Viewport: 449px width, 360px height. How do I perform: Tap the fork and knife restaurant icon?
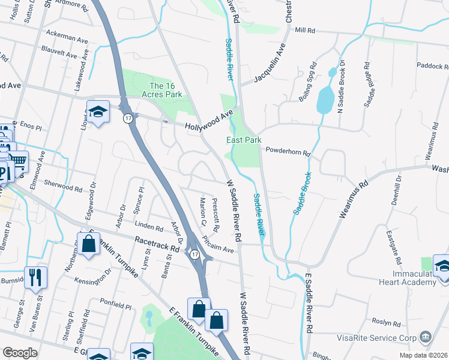click(x=36, y=277)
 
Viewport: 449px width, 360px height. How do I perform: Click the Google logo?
click(x=20, y=353)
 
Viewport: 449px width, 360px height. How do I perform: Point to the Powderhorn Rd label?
click(x=287, y=152)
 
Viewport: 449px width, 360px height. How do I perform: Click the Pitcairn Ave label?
click(x=217, y=244)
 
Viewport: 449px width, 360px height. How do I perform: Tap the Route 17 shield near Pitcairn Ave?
click(x=194, y=255)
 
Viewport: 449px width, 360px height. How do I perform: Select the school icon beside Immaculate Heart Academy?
click(x=442, y=266)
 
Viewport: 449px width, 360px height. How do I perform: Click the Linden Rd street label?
click(x=149, y=228)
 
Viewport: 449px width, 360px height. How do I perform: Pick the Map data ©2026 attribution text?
click(x=423, y=355)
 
